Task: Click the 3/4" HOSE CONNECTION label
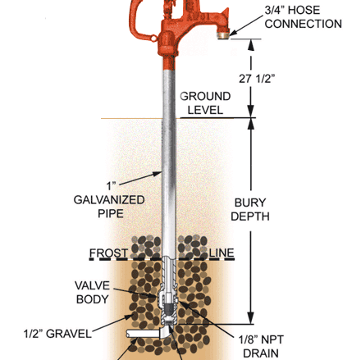point(303,17)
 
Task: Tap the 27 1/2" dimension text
point(257,79)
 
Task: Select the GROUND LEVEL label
point(205,103)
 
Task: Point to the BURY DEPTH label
point(250,209)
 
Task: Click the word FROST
point(108,253)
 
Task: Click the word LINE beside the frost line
point(222,253)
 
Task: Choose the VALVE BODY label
point(92,292)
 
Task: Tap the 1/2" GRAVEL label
point(57,334)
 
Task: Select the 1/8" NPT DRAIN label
point(261,346)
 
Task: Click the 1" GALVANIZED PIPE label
point(109,200)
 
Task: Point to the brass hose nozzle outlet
point(224,35)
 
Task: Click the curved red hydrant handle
point(137,22)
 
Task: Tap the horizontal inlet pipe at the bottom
point(143,333)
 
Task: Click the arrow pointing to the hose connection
point(246,25)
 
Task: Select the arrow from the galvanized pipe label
point(139,178)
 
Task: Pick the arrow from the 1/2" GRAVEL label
point(112,323)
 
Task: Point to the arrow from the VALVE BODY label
point(135,293)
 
